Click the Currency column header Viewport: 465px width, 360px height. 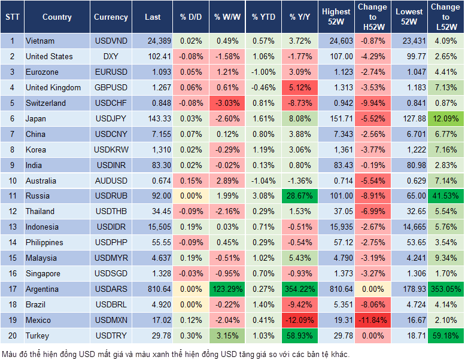111,17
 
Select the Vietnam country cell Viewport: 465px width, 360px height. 40,41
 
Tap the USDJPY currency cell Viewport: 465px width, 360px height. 111,118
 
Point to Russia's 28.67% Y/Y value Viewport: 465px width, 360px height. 300,196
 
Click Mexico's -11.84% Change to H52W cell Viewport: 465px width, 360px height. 372,320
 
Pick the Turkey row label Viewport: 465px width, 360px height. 38,335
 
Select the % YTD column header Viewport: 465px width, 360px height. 263,17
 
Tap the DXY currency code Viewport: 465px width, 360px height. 111,56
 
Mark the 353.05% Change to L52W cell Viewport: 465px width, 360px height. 445,289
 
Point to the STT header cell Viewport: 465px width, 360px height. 11,17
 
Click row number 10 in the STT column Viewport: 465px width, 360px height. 11,181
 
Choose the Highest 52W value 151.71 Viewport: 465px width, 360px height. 336,118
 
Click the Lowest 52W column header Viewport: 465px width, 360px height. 408,17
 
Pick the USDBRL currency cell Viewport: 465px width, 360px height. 111,304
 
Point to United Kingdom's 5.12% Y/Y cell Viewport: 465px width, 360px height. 300,87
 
